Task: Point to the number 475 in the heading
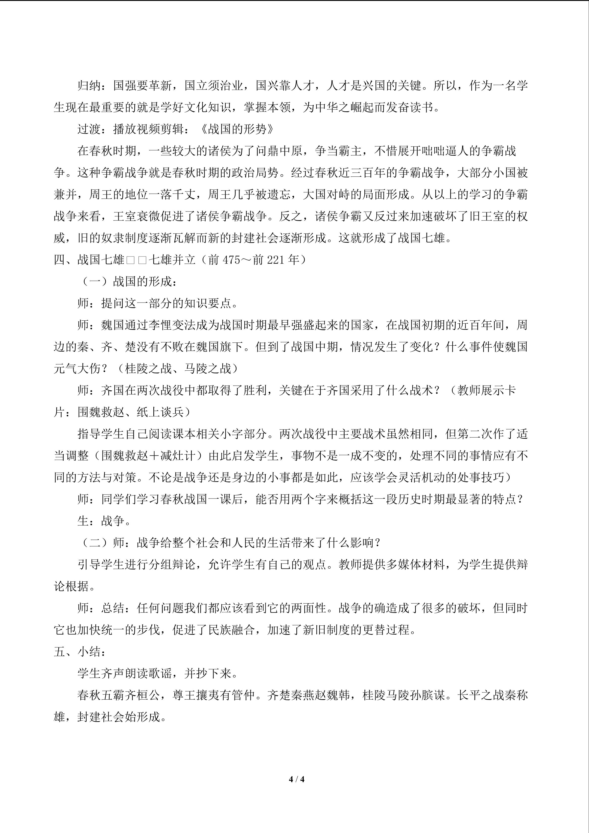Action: click(231, 260)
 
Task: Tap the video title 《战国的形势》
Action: click(236, 129)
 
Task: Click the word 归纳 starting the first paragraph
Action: click(89, 86)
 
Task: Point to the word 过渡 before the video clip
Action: click(89, 129)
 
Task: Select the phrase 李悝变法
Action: click(172, 325)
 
